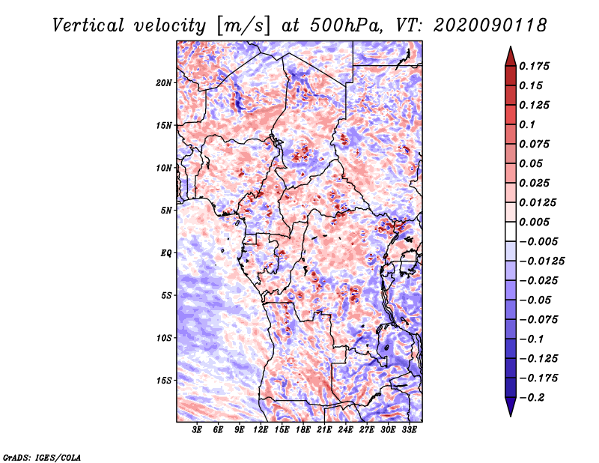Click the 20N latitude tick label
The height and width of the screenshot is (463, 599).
click(163, 82)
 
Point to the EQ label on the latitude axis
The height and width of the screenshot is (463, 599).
click(166, 253)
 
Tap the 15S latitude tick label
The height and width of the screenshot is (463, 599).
click(164, 381)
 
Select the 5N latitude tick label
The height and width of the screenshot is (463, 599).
click(166, 211)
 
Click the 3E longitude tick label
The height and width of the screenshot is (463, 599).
click(197, 430)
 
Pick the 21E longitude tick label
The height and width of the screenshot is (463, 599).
click(324, 430)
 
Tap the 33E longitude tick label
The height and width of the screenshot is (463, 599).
click(409, 430)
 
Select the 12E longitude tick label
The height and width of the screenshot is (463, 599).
click(261, 430)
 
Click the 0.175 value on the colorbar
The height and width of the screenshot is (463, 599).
click(534, 66)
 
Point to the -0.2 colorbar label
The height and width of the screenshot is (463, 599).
click(532, 398)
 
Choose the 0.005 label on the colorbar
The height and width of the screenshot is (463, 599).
click(534, 222)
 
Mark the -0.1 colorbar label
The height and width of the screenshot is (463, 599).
click(531, 339)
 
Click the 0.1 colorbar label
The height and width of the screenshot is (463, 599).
click(527, 124)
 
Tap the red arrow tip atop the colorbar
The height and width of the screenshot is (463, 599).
click(511, 47)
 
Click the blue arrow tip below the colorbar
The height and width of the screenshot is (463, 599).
click(511, 416)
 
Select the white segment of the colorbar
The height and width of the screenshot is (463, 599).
click(511, 231)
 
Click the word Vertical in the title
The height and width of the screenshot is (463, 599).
click(88, 25)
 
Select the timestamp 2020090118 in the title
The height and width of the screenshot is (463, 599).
click(490, 25)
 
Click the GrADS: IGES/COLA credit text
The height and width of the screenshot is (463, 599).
click(42, 458)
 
